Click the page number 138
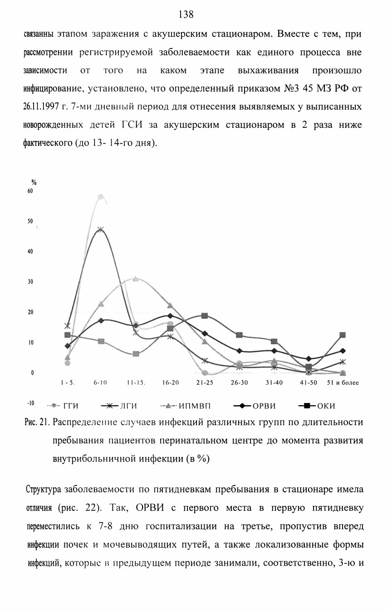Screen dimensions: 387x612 pos(186,14)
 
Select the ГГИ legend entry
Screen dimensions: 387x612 pos(63,406)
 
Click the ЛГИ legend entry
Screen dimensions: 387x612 pos(119,406)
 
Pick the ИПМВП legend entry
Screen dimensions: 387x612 pos(185,406)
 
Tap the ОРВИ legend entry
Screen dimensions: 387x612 pos(255,406)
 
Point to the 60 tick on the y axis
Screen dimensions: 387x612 pos(30,191)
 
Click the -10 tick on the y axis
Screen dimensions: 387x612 pos(31,403)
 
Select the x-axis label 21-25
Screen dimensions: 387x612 pos(205,383)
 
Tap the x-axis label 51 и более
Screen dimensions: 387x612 pos(343,383)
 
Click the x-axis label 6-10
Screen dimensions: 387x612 pos(100,383)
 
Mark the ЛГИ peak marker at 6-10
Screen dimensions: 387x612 pos(100,229)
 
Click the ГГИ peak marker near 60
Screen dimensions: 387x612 pos(100,197)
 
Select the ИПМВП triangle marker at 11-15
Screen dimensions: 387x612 pos(136,279)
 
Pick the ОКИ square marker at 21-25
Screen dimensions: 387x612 pos(205,316)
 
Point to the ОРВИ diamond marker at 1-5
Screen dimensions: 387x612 pos(68,346)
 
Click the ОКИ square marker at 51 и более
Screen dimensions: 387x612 pos(343,335)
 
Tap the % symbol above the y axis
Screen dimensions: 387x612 pos(34,183)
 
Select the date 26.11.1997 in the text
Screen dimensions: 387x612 pos(41,107)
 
